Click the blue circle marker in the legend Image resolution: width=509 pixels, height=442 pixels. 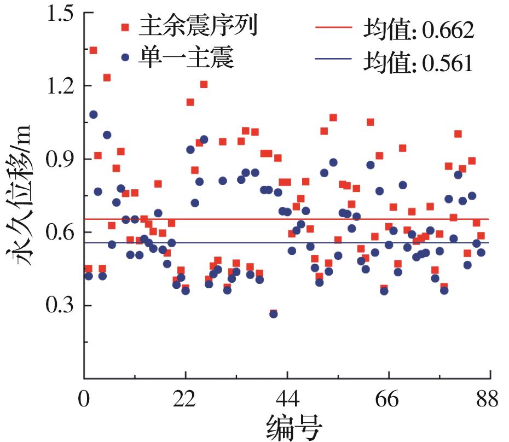coord(126,57)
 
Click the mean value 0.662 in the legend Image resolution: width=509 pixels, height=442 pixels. coord(444,31)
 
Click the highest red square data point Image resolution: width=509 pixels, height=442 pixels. coord(93,50)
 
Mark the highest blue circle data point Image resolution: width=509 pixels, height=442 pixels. coord(93,114)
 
